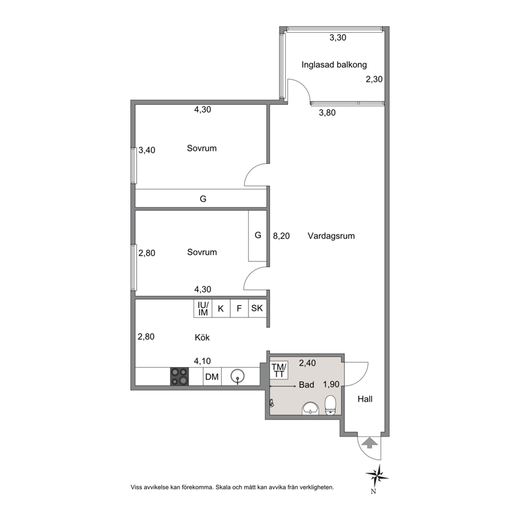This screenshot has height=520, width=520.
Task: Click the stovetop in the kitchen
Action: click(x=179, y=376)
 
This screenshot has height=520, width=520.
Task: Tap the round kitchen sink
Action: click(x=237, y=376)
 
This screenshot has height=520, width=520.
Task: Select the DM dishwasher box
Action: click(x=212, y=376)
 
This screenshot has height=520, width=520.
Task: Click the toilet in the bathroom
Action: click(x=331, y=405)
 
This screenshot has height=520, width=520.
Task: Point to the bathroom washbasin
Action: click(x=310, y=408)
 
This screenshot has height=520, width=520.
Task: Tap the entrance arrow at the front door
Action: click(x=369, y=443)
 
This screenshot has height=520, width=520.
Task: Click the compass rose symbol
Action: click(x=377, y=476)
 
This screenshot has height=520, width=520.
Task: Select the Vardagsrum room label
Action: click(x=331, y=236)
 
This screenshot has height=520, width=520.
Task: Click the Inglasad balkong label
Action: click(x=334, y=64)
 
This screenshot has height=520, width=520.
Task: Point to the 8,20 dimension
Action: click(x=281, y=236)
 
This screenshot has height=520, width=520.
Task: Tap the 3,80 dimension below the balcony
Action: click(x=327, y=113)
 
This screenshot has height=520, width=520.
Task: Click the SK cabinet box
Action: click(x=257, y=308)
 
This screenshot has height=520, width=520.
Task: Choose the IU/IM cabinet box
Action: click(x=203, y=308)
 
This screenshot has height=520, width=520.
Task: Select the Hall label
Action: click(x=365, y=399)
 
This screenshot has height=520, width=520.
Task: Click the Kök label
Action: click(x=202, y=337)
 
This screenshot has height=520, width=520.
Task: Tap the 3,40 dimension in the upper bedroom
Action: click(x=147, y=150)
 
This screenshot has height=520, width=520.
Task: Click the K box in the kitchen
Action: click(x=221, y=308)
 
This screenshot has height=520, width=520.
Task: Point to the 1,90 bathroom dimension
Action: click(x=331, y=384)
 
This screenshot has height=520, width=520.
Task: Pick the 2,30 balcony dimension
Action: click(x=374, y=79)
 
